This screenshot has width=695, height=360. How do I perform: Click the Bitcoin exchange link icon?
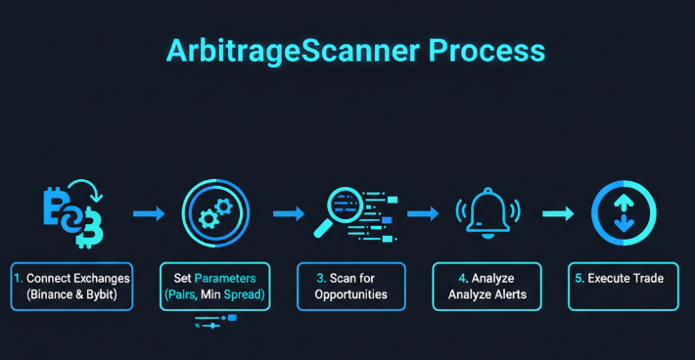tap(72, 212)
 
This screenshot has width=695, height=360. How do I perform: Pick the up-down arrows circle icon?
tap(624, 212)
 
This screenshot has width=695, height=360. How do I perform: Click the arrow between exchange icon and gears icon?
tap(148, 212)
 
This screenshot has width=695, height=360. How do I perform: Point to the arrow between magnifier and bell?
tap(422, 212)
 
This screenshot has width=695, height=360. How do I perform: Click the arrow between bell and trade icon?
tap(558, 212)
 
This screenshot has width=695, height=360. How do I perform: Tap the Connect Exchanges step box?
tap(72, 286)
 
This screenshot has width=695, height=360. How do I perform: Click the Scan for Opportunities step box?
tap(350, 286)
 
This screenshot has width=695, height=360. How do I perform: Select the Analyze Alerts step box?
tap(487, 286)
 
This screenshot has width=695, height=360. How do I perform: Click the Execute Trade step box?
tap(624, 286)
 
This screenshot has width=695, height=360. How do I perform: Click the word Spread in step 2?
tap(245, 294)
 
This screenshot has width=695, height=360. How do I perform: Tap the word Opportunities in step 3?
tap(350, 294)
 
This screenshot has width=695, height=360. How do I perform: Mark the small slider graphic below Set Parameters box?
tap(215, 321)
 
